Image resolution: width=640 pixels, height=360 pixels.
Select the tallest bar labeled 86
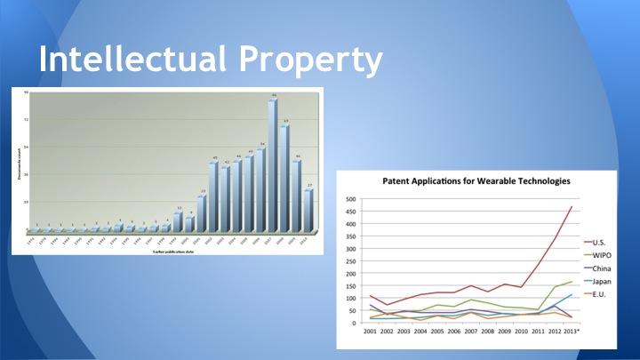(274, 164)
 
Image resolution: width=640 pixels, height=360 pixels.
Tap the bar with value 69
(285, 178)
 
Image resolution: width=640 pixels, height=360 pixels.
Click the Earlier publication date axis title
(169, 251)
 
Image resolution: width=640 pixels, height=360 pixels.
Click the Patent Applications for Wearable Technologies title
(476, 181)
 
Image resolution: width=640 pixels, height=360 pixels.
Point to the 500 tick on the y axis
(351, 199)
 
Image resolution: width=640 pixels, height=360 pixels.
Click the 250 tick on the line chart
(351, 261)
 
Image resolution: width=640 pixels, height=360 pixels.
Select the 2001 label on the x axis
(370, 332)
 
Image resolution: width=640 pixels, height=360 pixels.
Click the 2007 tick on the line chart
(470, 332)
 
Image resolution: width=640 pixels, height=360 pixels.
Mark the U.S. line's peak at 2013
(571, 206)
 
